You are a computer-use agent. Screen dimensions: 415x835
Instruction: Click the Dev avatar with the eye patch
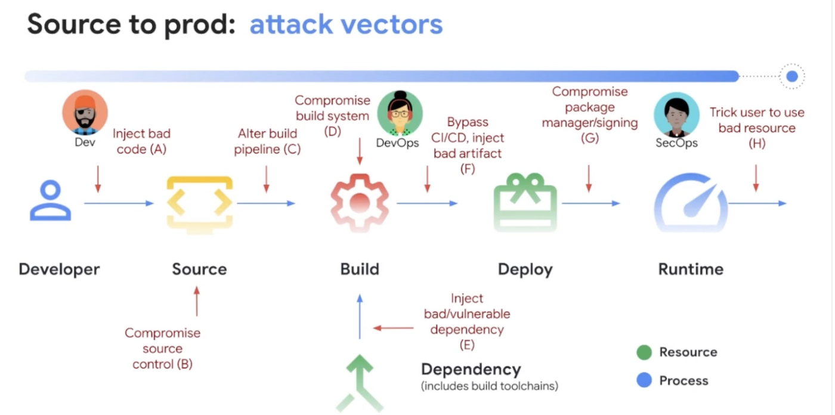tap(85, 113)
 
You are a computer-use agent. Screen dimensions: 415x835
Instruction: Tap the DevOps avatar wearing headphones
tap(400, 113)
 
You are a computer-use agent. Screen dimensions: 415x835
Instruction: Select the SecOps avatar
tap(676, 114)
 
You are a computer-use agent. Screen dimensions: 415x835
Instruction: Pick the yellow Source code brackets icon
tap(199, 203)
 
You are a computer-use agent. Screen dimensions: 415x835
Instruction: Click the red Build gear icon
tap(360, 203)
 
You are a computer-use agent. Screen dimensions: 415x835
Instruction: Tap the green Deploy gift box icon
tap(525, 203)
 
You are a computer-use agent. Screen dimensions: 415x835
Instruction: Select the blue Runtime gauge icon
tap(691, 203)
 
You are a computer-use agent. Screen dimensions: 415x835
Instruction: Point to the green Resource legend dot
tap(644, 352)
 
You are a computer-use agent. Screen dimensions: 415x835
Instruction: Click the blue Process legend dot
tap(644, 380)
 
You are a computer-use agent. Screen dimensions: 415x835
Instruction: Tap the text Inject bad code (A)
tap(141, 141)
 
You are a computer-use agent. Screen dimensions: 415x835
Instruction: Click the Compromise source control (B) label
tap(162, 348)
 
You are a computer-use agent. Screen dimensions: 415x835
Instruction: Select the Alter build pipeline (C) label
tap(267, 141)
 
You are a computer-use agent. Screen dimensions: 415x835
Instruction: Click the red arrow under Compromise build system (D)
tap(359, 152)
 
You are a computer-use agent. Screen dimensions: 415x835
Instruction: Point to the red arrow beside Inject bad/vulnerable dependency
tap(394, 328)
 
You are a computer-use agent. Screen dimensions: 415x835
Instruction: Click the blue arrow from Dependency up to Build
tap(360, 316)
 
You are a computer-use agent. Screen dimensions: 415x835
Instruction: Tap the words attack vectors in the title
tap(346, 25)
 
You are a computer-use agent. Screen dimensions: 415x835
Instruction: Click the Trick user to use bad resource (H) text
tap(756, 128)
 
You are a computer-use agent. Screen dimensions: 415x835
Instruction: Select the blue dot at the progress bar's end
tap(792, 76)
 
